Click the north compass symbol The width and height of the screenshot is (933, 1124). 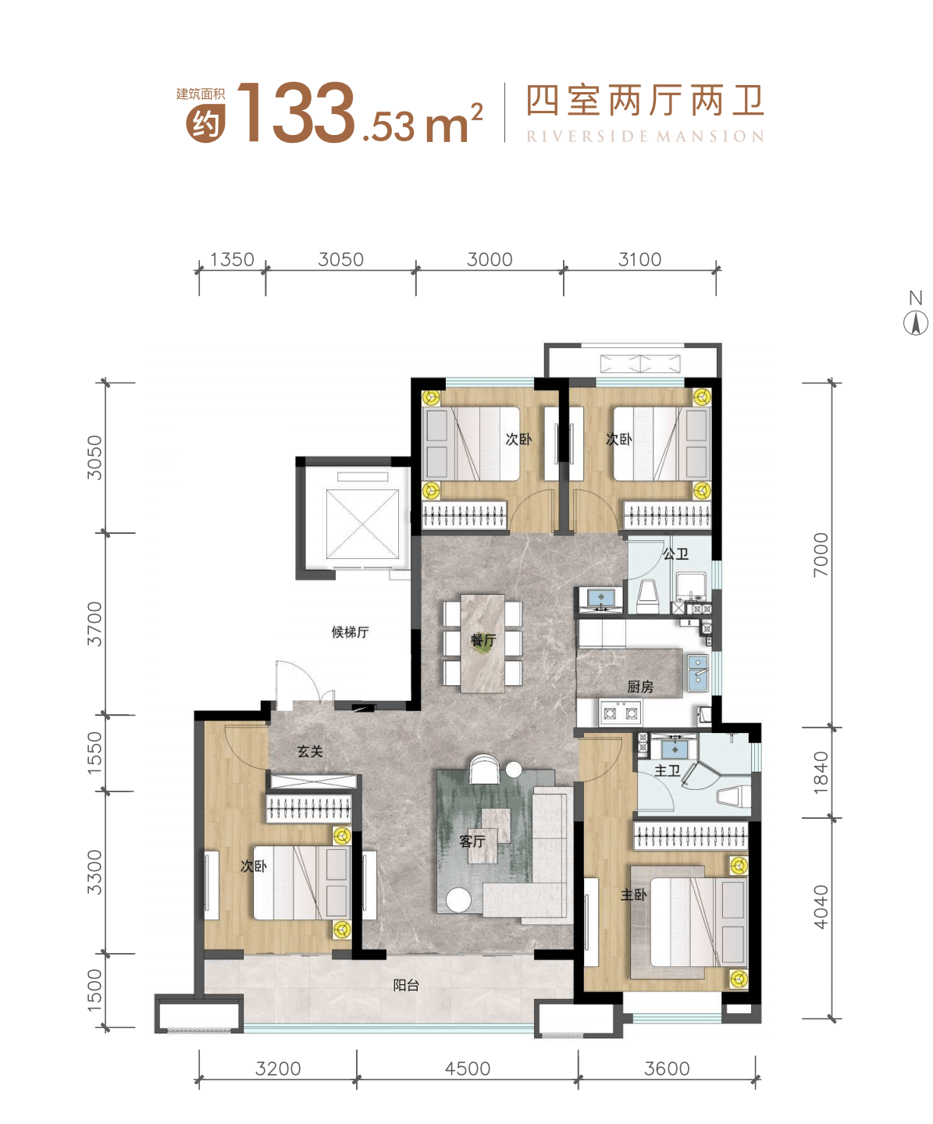[915, 322]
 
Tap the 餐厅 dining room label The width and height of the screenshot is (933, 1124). [483, 641]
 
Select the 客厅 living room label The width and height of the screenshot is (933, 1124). [472, 841]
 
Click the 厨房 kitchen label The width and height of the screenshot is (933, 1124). [640, 687]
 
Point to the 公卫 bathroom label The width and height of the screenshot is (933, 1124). [675, 554]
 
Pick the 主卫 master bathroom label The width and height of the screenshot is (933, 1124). [667, 770]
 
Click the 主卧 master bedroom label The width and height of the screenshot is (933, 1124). [633, 895]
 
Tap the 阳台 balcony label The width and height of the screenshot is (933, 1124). [406, 985]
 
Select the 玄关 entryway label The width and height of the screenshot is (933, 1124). [310, 751]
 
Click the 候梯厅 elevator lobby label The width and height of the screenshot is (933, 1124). [350, 632]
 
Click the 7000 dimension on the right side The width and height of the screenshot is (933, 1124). [821, 554]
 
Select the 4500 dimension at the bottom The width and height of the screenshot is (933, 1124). [468, 1069]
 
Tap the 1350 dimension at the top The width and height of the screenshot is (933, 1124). [232, 259]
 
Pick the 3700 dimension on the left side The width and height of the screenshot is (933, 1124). [94, 624]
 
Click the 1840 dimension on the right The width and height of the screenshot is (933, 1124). [821, 772]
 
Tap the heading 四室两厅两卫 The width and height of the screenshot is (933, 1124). [645, 101]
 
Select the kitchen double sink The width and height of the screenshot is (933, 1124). [697, 674]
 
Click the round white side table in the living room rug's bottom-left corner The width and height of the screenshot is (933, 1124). [458, 900]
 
